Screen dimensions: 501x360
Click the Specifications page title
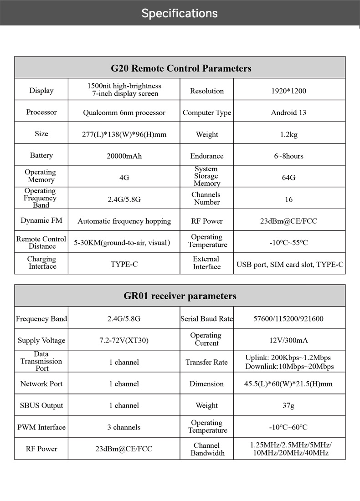click(180, 13)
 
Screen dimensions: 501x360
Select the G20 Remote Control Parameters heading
click(181, 68)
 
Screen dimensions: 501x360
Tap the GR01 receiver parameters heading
click(180, 296)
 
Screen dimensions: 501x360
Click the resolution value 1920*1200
click(289, 91)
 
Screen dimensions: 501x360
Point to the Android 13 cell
click(288, 112)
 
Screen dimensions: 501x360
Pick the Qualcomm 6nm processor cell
click(124, 112)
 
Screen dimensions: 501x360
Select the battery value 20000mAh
click(124, 156)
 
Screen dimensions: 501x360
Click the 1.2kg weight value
click(289, 134)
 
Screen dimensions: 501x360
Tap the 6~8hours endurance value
click(288, 156)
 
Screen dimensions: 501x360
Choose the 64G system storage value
click(288, 177)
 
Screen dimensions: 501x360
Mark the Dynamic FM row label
click(41, 220)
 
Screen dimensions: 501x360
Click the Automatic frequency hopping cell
click(124, 221)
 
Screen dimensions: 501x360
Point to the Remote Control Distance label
click(41, 242)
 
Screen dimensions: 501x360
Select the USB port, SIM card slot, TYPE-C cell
click(290, 264)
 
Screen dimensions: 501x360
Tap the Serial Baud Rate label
click(206, 319)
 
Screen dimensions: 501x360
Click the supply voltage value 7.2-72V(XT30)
click(124, 340)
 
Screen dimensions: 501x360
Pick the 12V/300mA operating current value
click(288, 340)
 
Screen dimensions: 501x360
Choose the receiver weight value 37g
click(288, 405)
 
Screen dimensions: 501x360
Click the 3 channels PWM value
click(124, 427)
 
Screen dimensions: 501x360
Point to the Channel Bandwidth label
click(207, 449)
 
